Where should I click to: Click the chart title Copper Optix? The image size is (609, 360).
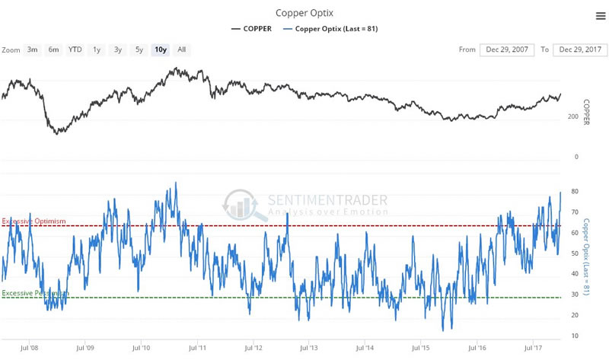click(x=303, y=13)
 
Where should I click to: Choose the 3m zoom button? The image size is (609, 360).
click(x=33, y=49)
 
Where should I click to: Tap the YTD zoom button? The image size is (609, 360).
click(x=75, y=49)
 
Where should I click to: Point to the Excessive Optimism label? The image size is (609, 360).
click(x=34, y=221)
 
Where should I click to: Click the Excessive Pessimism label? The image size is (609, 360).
click(x=36, y=293)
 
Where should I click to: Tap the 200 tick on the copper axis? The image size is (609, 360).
click(x=572, y=116)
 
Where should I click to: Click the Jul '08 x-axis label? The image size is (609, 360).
click(x=30, y=349)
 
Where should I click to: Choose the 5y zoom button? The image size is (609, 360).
click(x=139, y=49)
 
